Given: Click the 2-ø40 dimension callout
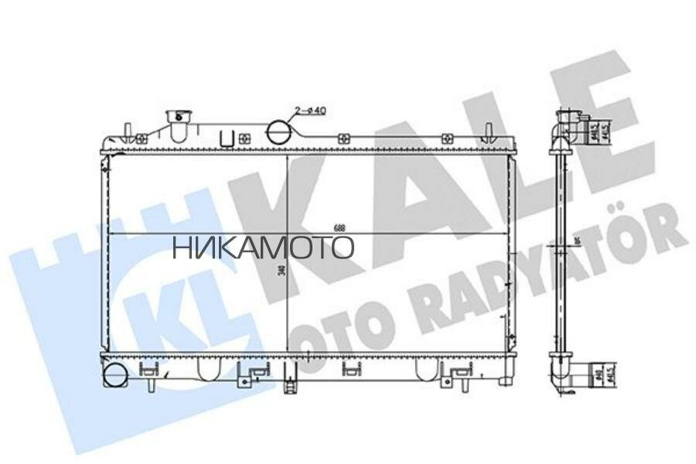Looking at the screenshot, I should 312,111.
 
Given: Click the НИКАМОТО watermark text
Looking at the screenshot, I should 263,247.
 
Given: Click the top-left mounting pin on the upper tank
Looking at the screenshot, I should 128,127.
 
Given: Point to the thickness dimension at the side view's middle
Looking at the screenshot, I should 578,247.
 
